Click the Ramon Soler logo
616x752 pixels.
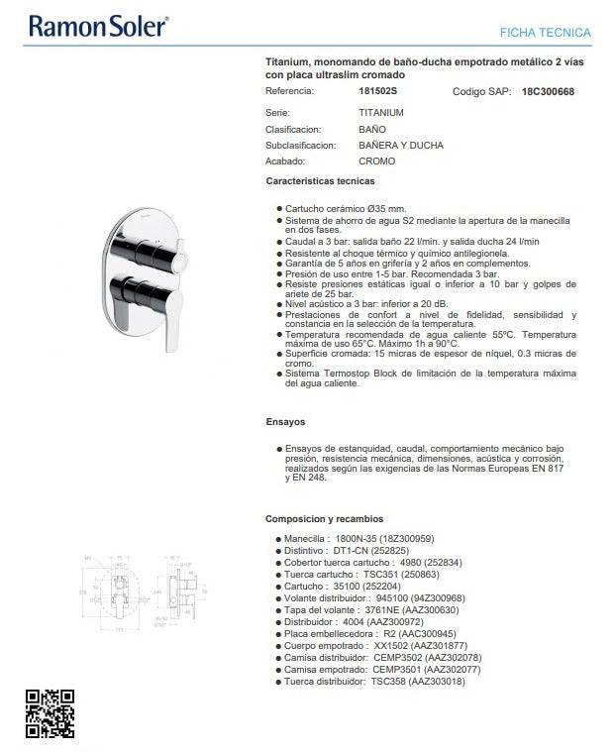(98, 27)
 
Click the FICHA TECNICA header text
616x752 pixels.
(545, 33)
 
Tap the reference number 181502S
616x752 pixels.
(376, 91)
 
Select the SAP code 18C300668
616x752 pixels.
(547, 91)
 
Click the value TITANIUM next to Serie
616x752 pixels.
(381, 113)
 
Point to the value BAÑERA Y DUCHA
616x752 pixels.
(400, 145)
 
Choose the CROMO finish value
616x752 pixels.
(376, 161)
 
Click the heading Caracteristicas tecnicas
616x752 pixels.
(320, 181)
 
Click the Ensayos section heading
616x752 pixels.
(285, 421)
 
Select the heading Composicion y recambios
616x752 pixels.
(324, 518)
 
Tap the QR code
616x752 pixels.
(50, 713)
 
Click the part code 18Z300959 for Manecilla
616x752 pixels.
(405, 539)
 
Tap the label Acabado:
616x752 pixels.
(285, 161)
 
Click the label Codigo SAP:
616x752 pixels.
(481, 91)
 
